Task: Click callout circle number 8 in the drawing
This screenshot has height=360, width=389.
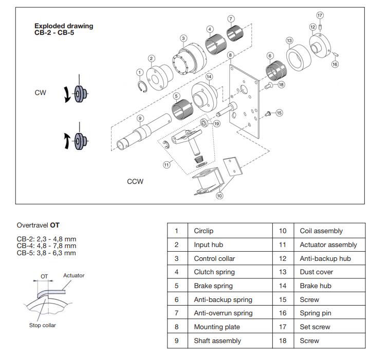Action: [x=230, y=55]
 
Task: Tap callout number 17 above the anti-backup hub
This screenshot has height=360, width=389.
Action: [x=320, y=15]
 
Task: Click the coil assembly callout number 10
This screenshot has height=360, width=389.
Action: [x=219, y=196]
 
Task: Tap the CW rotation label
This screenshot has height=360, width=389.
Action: [x=40, y=93]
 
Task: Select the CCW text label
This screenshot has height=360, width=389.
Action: [x=135, y=181]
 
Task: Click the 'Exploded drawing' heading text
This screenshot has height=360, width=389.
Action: [x=64, y=26]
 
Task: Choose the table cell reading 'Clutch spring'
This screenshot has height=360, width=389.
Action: [x=214, y=272]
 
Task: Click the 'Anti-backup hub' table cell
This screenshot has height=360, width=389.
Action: [x=325, y=258]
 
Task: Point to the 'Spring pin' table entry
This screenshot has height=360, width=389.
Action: [x=316, y=313]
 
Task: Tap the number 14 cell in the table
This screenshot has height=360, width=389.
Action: [x=282, y=286]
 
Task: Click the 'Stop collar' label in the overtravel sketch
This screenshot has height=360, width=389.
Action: [x=43, y=325]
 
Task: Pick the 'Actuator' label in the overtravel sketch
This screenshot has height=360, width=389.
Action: [x=73, y=276]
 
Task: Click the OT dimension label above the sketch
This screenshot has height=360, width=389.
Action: [x=44, y=276]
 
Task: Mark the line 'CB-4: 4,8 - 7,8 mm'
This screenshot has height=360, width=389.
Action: [x=46, y=246]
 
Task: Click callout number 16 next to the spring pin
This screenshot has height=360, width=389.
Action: [x=335, y=64]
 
